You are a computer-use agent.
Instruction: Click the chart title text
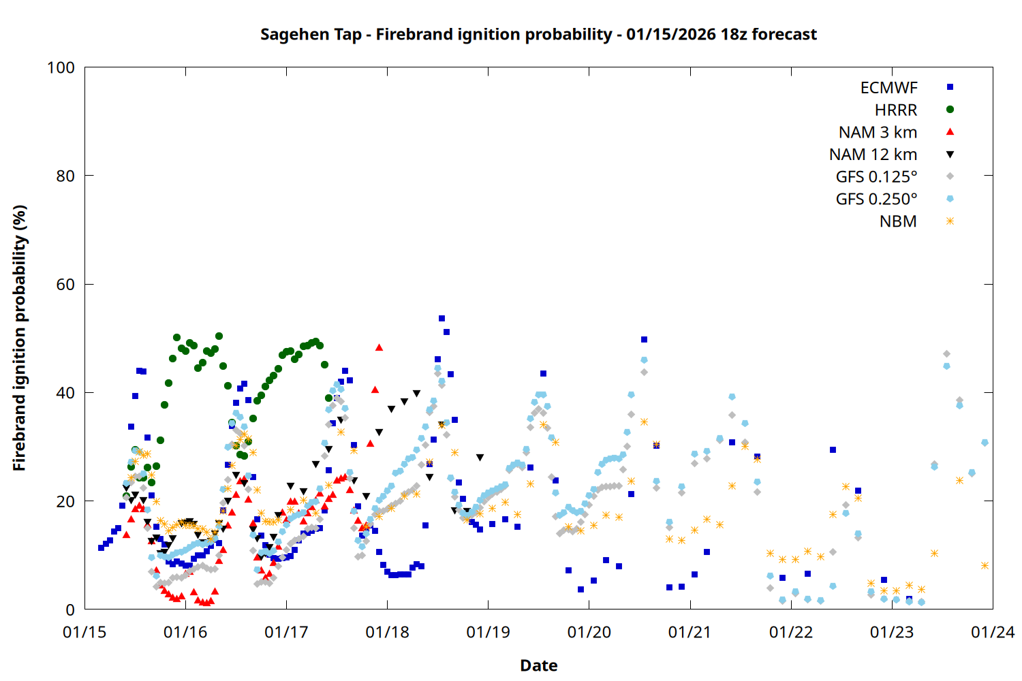pyautogui.click(x=538, y=34)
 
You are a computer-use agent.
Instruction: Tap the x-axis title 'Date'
pyautogui.click(x=538, y=665)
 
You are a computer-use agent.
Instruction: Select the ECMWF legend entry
pyautogui.click(x=888, y=88)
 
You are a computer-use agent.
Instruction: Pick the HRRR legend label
pyautogui.click(x=896, y=110)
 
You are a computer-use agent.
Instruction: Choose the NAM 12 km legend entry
pyautogui.click(x=873, y=155)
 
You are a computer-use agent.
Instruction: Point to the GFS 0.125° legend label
pyautogui.click(x=876, y=177)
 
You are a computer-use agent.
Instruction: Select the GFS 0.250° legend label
pyautogui.click(x=876, y=200)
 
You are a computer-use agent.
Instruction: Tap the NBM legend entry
pyautogui.click(x=898, y=221)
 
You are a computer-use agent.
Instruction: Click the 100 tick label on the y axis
pyautogui.click(x=61, y=67)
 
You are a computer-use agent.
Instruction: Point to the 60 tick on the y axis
pyautogui.click(x=65, y=285)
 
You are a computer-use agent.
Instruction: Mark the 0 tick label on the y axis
pyautogui.click(x=70, y=610)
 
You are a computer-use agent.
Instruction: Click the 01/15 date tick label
pyautogui.click(x=84, y=633)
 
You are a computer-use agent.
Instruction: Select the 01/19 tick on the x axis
pyautogui.click(x=488, y=633)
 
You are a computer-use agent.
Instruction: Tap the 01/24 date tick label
pyautogui.click(x=992, y=633)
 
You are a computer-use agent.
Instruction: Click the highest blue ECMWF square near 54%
pyautogui.click(x=442, y=319)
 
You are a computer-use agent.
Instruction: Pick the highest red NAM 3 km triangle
pyautogui.click(x=379, y=348)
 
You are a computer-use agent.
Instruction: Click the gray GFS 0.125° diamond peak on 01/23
pyautogui.click(x=946, y=354)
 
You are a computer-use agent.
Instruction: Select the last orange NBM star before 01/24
pyautogui.click(x=985, y=566)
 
